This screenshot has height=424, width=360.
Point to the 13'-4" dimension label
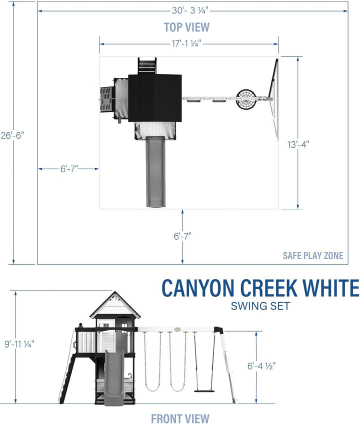(x=298, y=144)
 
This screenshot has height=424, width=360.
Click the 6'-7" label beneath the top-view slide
(x=182, y=235)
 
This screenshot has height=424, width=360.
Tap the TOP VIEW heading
(x=187, y=27)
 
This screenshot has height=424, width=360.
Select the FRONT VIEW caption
(x=180, y=418)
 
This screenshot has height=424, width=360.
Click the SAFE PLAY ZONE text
(x=313, y=256)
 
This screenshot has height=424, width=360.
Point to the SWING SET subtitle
(x=260, y=306)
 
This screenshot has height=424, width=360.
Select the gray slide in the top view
(x=155, y=172)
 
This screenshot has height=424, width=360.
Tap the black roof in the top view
(x=154, y=97)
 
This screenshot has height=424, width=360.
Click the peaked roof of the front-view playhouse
(x=115, y=305)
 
